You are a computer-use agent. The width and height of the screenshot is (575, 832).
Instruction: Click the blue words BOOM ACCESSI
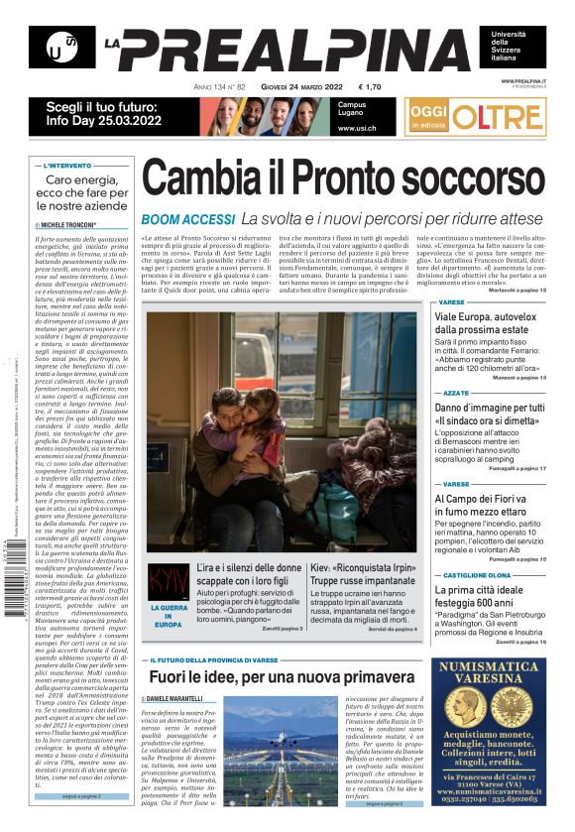[186, 218]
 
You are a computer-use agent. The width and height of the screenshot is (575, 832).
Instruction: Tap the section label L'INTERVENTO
[69, 166]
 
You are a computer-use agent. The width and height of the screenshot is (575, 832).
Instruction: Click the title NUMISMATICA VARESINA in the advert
[490, 674]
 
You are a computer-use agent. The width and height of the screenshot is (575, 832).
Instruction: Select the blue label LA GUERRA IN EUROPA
[168, 614]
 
